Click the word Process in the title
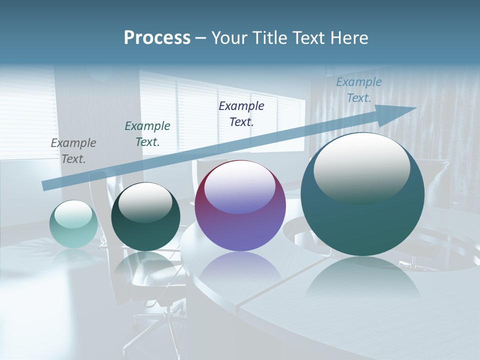click(x=157, y=38)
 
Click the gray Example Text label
click(x=73, y=151)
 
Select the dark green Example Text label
click(x=147, y=134)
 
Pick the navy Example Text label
click(x=241, y=113)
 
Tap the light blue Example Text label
click(x=358, y=90)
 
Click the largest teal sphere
click(x=362, y=220)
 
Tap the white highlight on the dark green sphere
click(x=145, y=201)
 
